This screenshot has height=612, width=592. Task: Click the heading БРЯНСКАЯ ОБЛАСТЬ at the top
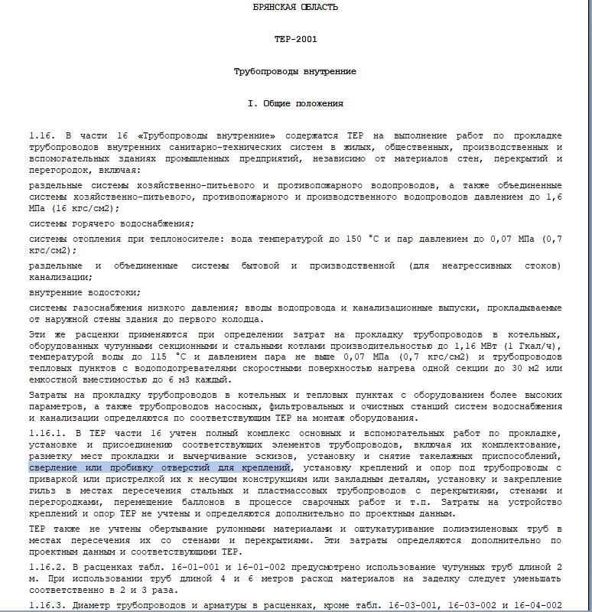click(x=294, y=7)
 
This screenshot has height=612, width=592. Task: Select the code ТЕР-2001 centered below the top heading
click(x=294, y=39)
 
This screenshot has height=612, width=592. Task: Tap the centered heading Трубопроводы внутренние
click(x=294, y=71)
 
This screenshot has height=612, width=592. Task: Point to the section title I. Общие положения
click(x=294, y=103)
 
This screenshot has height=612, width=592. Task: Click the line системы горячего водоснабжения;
click(x=112, y=223)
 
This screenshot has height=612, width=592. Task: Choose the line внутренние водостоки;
click(x=85, y=292)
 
